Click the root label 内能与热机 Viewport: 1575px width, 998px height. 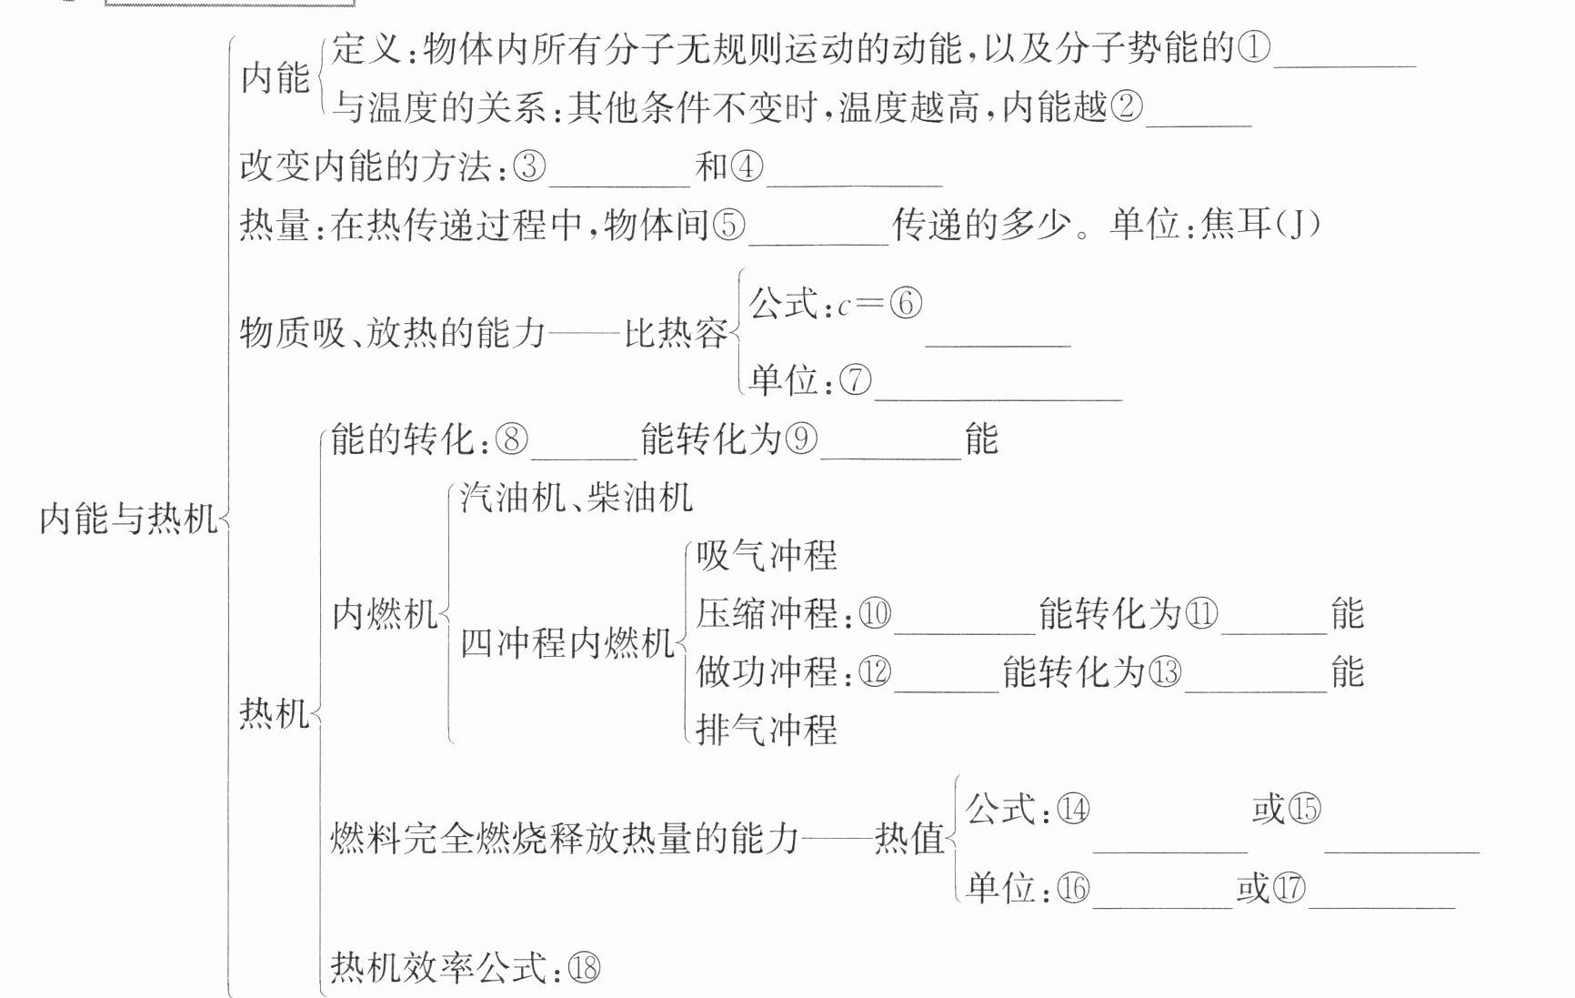128,519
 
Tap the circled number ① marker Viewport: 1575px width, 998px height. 1253,47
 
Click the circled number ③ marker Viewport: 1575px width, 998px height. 529,166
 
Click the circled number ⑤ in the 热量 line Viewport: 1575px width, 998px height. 728,225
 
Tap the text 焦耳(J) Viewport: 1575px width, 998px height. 1259,224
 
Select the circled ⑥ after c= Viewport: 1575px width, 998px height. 905,303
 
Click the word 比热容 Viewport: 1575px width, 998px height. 676,334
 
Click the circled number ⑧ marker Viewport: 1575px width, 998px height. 511,439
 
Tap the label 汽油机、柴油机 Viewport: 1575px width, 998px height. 577,498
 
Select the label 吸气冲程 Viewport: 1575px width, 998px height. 767,555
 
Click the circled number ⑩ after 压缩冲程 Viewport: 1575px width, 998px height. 875,614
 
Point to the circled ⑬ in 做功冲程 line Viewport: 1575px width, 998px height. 1165,672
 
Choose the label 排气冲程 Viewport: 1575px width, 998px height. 767,730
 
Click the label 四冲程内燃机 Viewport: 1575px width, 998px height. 567,643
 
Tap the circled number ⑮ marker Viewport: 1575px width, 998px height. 1304,809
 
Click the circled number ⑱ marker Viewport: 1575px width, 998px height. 584,968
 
